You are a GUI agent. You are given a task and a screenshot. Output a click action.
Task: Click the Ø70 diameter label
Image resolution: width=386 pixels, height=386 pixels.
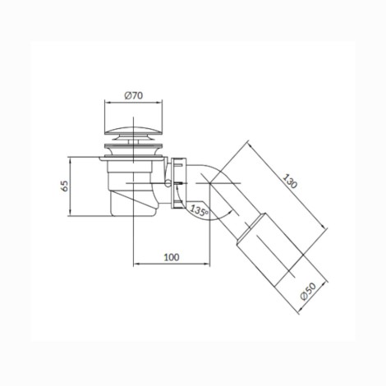133,95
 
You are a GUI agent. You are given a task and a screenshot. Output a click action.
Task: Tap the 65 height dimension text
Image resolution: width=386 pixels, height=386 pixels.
64,186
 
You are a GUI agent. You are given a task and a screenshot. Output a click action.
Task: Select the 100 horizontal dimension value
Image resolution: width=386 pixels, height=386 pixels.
172,257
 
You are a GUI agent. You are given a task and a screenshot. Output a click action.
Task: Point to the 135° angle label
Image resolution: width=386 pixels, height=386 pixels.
199,210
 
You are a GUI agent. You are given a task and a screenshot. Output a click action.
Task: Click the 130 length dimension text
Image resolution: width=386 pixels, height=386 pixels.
290,181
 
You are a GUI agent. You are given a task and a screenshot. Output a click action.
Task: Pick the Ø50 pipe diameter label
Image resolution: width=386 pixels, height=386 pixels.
308,292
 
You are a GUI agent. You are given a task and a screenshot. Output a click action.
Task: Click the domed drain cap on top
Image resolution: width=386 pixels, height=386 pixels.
133,131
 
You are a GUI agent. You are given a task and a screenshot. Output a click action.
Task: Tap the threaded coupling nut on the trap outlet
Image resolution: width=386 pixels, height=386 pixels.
179,183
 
